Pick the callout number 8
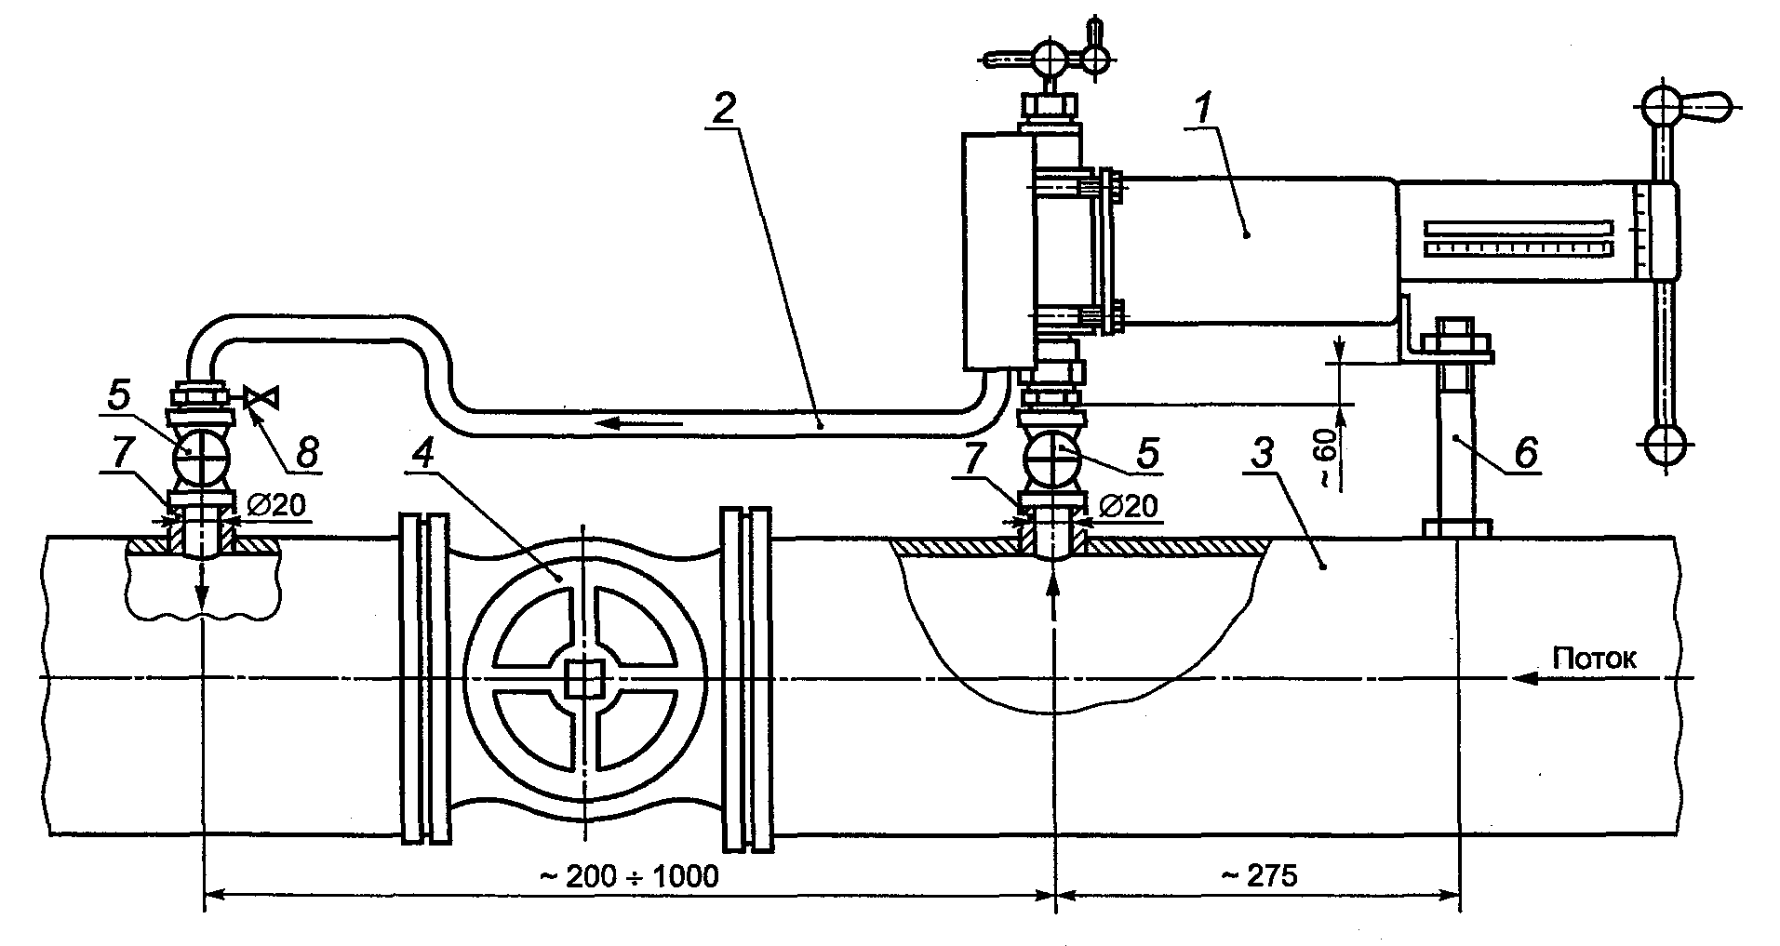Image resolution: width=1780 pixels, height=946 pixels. (x=305, y=453)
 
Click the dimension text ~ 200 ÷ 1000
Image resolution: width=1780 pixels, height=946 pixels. (x=630, y=876)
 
